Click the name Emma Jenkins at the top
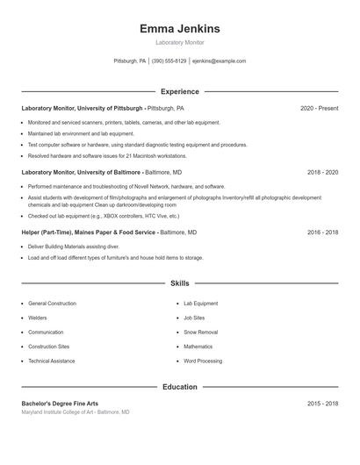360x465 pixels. pos(179,29)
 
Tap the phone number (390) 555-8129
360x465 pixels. pos(169,61)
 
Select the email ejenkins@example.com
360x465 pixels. pos(219,61)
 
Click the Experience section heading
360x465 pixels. pos(179,91)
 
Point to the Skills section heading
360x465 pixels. pos(179,283)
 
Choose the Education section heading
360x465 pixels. pos(179,387)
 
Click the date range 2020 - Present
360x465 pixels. pos(319,108)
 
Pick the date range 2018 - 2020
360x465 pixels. pos(322,173)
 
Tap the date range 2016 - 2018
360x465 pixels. pos(322,232)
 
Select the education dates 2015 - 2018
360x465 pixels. pos(322,403)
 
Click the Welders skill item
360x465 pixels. pos(38,318)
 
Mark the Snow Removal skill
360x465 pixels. pos(200,333)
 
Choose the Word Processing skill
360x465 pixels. pos(203,361)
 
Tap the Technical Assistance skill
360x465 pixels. pos(52,361)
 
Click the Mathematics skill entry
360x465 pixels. pos(198,347)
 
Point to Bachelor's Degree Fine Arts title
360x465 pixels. pos(60,403)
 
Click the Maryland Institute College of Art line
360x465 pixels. pos(76,411)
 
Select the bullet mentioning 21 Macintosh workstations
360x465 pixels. pos(107,155)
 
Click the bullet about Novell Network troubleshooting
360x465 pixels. pos(126,186)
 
